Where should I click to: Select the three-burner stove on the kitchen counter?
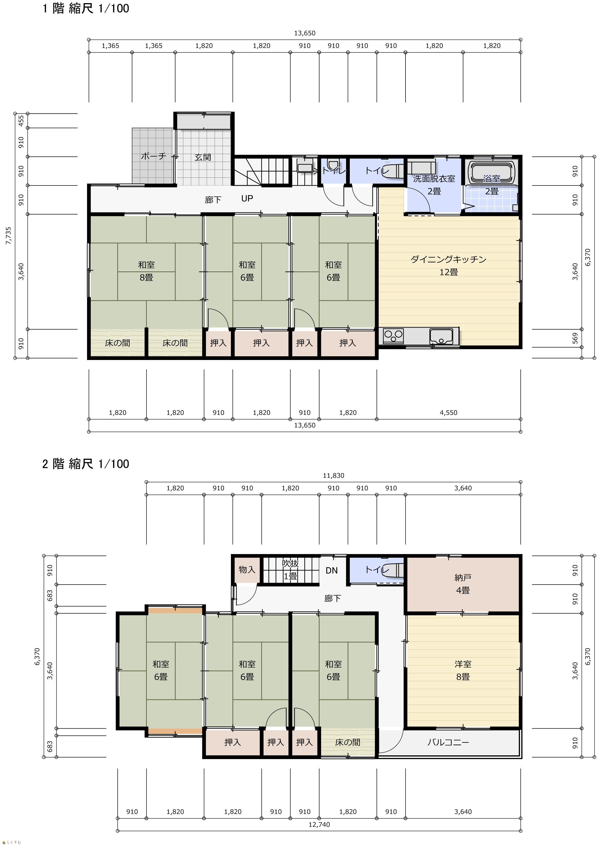click(393, 336)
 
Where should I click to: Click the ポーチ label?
click(153, 156)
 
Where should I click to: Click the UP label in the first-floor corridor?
click(247, 198)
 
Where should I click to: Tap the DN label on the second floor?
click(332, 570)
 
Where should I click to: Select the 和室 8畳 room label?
click(146, 271)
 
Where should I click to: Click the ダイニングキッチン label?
click(448, 259)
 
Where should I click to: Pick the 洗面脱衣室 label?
click(434, 179)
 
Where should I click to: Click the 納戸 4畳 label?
click(463, 584)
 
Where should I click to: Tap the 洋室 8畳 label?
click(463, 670)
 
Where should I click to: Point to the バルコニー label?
click(448, 742)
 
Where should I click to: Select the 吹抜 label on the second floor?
click(290, 563)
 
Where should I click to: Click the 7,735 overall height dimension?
click(9, 236)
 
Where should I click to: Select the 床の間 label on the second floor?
click(348, 742)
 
